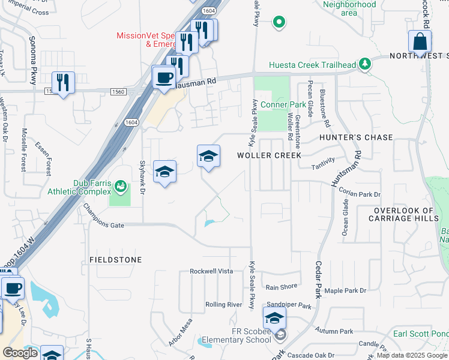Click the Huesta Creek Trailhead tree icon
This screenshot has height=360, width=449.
(364, 65)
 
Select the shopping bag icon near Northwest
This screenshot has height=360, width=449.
(420, 42)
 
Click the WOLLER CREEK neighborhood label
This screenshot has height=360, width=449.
(269, 155)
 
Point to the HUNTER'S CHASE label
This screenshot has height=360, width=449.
(356, 137)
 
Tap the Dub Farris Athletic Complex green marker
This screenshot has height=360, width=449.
(121, 187)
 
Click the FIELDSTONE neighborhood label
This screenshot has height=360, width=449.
(116, 260)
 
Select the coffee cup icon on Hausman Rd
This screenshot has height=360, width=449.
(163, 77)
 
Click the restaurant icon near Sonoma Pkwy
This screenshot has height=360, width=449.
(62, 82)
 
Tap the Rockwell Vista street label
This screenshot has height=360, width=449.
(211, 271)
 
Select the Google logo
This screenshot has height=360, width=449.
(20, 352)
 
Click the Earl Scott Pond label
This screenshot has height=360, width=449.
(420, 334)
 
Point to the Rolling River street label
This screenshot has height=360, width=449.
(223, 305)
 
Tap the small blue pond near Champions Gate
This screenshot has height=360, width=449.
(208, 224)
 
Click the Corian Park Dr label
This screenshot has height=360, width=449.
(360, 194)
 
